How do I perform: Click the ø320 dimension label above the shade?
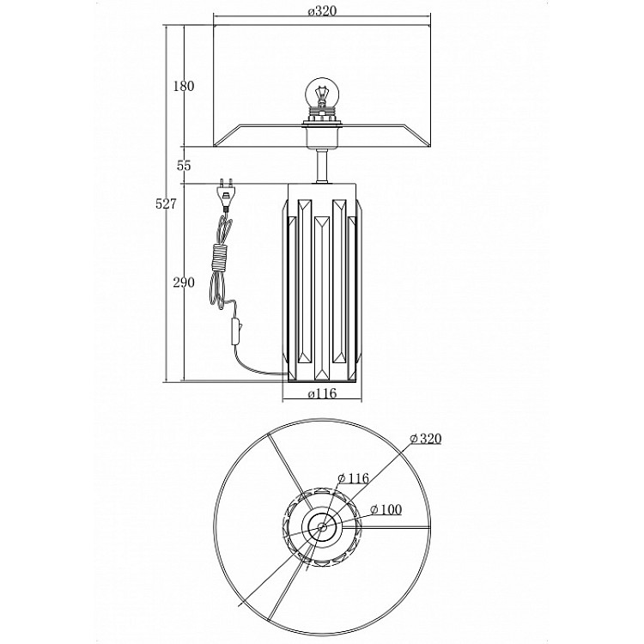(322, 11)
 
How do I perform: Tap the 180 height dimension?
(183, 86)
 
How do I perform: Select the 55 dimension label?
(184, 166)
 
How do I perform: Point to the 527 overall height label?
(166, 204)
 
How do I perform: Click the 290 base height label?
(184, 283)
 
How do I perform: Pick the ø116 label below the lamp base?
(322, 393)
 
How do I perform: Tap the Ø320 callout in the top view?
(426, 439)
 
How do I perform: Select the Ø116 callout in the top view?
(353, 478)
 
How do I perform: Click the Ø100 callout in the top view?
(386, 510)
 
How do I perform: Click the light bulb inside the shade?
(322, 93)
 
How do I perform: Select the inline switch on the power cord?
(236, 331)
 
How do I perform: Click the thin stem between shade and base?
(322, 166)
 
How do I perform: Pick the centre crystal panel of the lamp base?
(322, 298)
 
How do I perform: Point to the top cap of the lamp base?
(322, 191)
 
